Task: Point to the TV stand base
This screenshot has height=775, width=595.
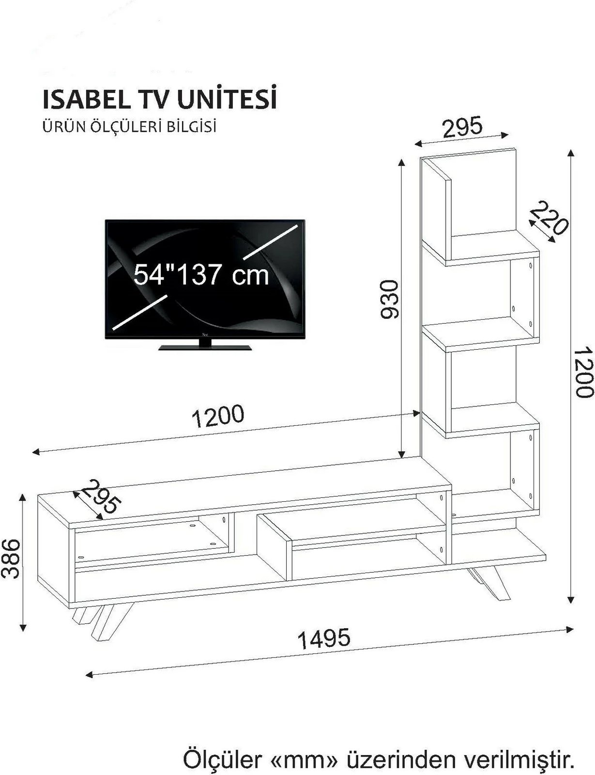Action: pyautogui.click(x=206, y=347)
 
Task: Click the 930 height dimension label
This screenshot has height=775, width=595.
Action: pyautogui.click(x=389, y=299)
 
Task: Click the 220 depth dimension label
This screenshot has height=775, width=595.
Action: pyautogui.click(x=549, y=218)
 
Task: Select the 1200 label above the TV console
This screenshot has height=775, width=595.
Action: pyautogui.click(x=218, y=416)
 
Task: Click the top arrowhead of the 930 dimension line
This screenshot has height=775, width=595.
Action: pyautogui.click(x=401, y=163)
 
